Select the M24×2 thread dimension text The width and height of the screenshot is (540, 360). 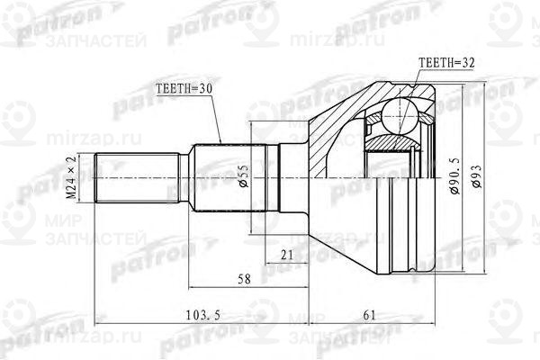point(69,178)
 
